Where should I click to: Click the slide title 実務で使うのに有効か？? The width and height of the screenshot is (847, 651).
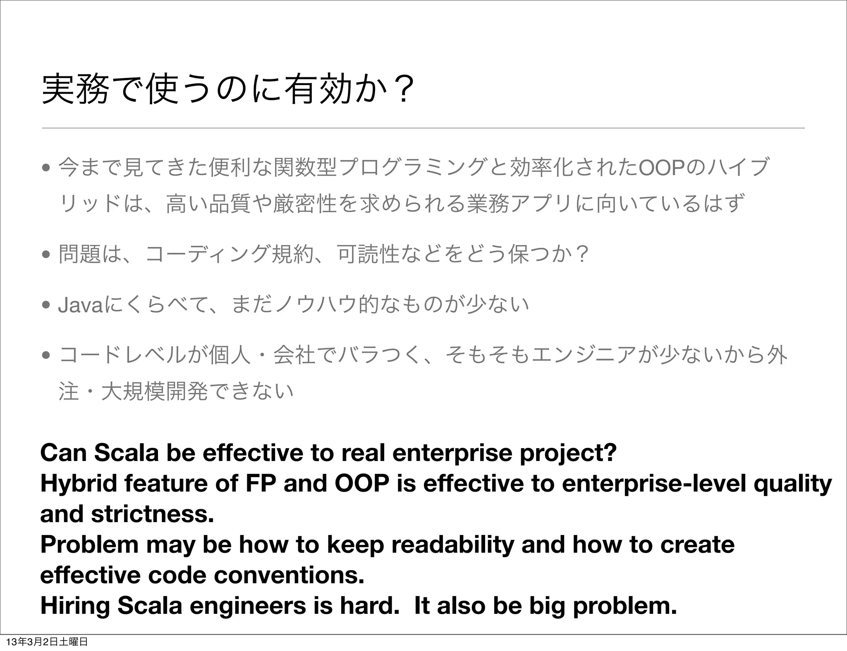pyautogui.click(x=228, y=88)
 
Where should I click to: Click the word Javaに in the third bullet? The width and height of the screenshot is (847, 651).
pyautogui.click(x=87, y=305)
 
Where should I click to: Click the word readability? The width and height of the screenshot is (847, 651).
pyautogui.click(x=452, y=545)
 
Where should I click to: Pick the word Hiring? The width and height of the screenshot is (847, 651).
pyautogui.click(x=75, y=606)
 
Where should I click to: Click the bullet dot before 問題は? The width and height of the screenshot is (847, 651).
pyautogui.click(x=46, y=254)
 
